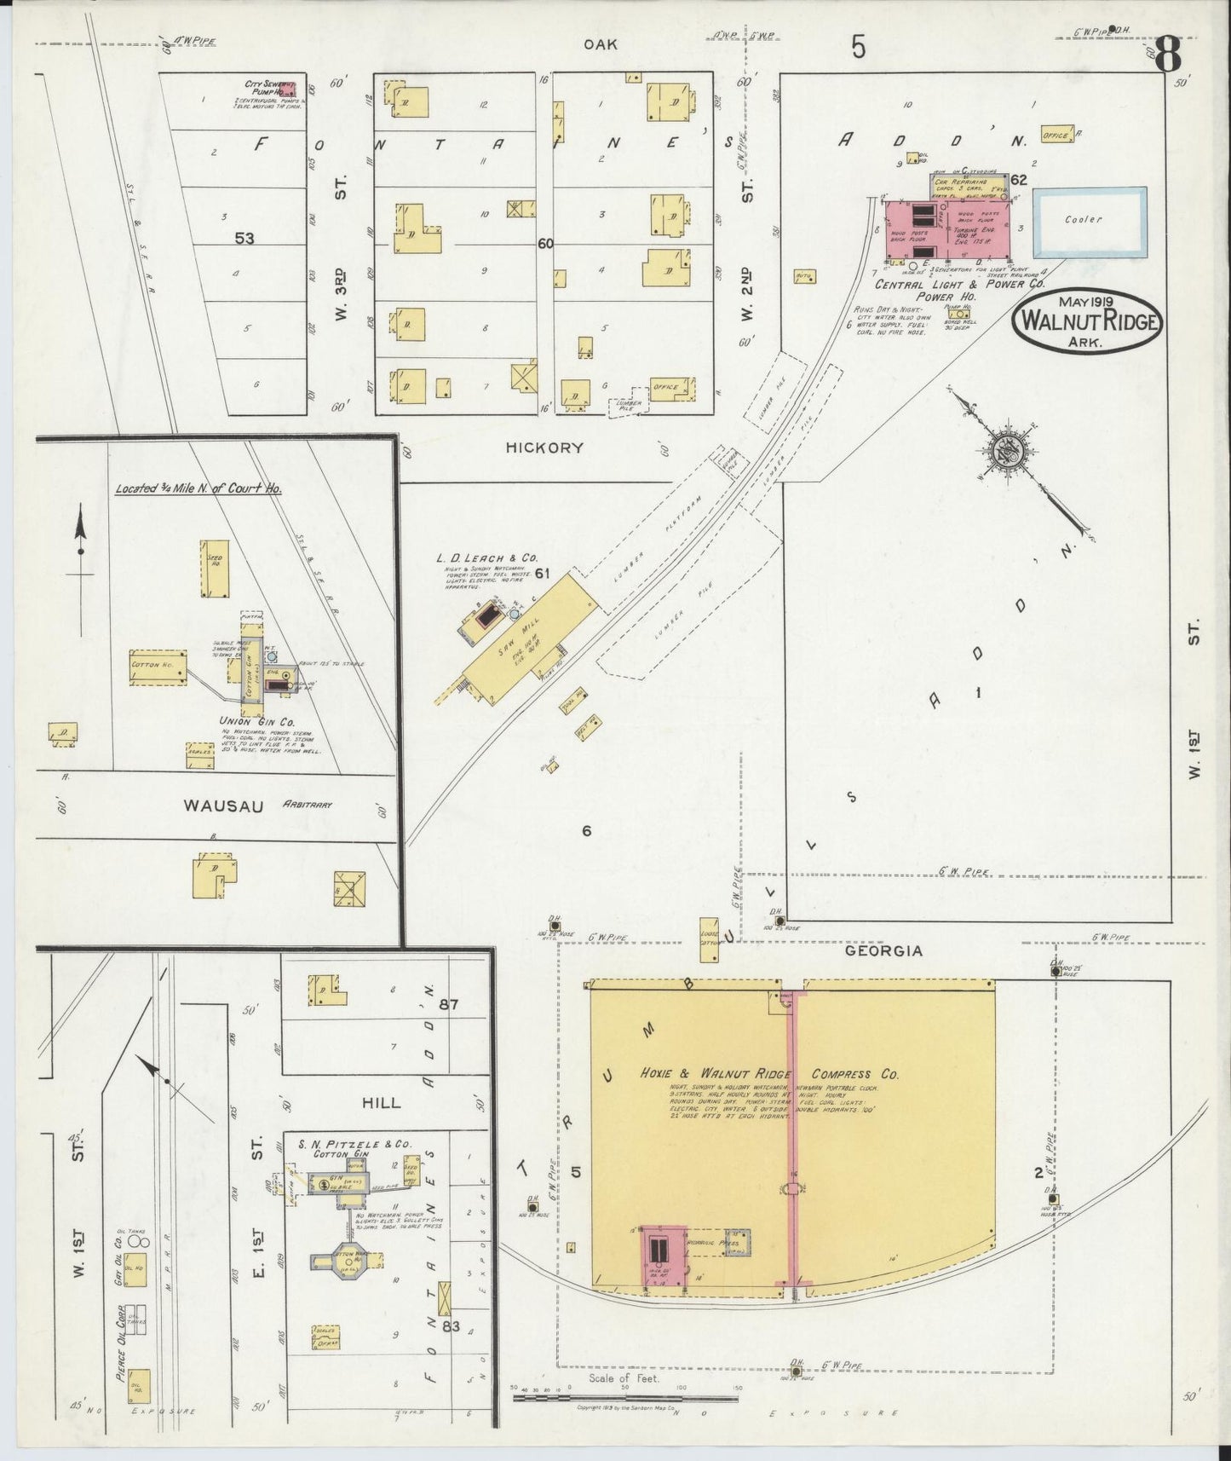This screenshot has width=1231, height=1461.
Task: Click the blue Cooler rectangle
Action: tap(1090, 222)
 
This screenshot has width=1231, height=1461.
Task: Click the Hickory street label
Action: tap(544, 447)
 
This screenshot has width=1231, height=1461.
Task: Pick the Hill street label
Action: tap(381, 1102)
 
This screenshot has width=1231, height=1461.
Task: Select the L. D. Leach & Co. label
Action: tap(488, 557)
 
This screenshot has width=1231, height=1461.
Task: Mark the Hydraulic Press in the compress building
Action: tap(737, 1242)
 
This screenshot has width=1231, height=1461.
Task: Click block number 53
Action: tap(244, 239)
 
